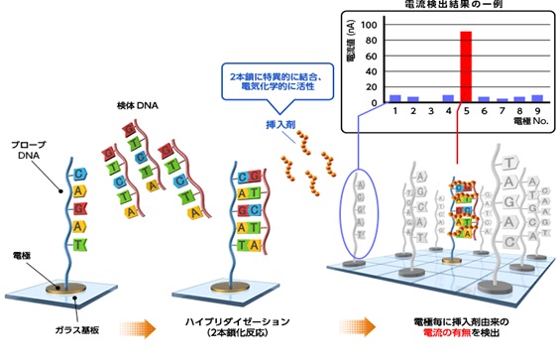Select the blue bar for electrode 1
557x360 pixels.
point(394,98)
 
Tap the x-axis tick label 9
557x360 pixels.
point(537,112)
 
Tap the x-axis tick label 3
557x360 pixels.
point(430,112)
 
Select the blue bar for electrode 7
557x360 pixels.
point(501,99)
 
